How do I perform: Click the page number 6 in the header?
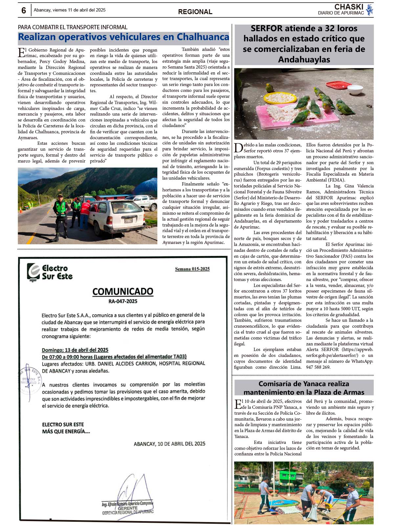pos(24,11)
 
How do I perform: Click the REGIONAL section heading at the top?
pos(195,12)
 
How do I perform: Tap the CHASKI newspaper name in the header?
pos(348,7)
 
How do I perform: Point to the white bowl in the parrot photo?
pos(355,89)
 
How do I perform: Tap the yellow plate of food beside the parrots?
pos(280,98)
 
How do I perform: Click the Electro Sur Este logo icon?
pos(33,272)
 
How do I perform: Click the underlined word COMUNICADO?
pos(123,291)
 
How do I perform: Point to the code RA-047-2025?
pos(123,301)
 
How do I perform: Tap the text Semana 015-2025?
pos(192,269)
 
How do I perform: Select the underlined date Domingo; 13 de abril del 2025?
pos(75,350)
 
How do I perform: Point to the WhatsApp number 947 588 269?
pos(318,367)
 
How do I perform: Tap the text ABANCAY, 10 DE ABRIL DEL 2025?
pos(169,444)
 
